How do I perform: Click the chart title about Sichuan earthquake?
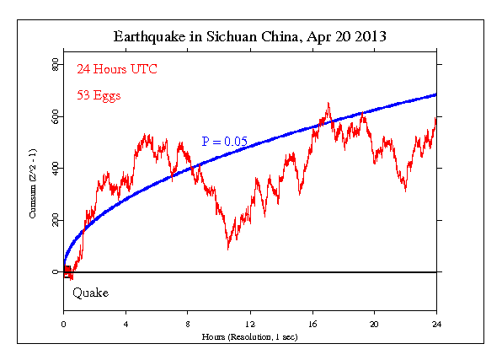point(250,38)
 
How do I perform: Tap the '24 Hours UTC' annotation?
point(116,68)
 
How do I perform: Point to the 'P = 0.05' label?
point(224,142)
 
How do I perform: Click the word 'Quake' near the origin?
point(89,293)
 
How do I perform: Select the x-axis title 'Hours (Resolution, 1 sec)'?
point(250,336)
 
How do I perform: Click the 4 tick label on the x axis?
point(125,324)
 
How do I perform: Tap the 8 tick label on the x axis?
point(188,324)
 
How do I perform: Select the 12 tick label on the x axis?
point(250,324)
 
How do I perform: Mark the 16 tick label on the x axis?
point(312,324)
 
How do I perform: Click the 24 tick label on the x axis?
point(436,324)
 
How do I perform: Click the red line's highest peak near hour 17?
point(328,104)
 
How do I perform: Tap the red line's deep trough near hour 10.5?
point(227,249)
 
